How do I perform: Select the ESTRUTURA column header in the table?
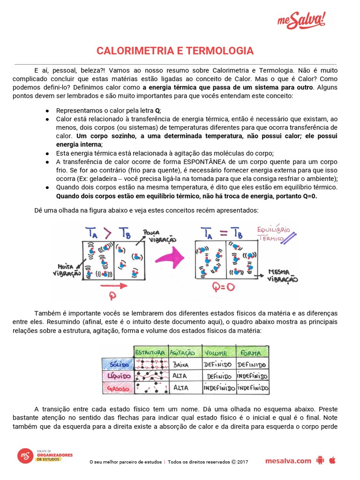(150, 352)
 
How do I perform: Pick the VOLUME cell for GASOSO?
(218, 388)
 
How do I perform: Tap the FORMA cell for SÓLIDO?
(252, 364)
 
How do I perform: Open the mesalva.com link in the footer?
(288, 461)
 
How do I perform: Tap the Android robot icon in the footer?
(321, 460)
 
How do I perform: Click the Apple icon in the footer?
(332, 460)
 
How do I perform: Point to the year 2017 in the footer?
(242, 462)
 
